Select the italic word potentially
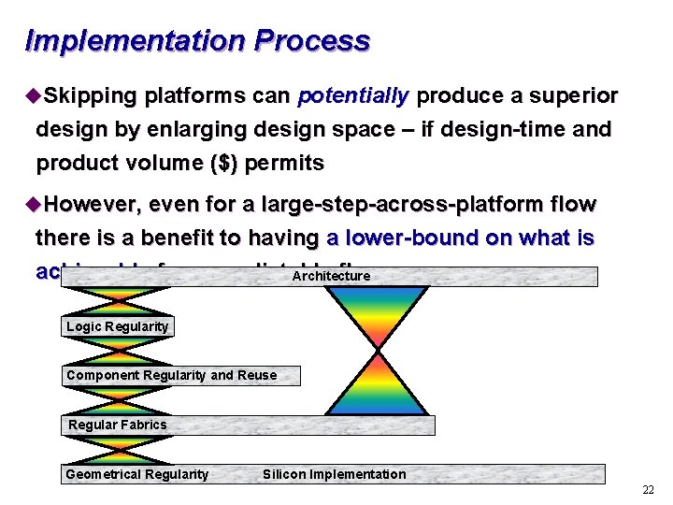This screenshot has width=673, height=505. [353, 96]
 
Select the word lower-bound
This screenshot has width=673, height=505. [426, 238]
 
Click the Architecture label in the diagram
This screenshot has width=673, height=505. [331, 276]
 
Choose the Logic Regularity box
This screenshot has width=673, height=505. [118, 326]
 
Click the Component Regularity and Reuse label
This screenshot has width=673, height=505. [172, 375]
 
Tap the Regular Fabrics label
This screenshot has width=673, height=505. [118, 425]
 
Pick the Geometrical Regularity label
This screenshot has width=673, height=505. [137, 474]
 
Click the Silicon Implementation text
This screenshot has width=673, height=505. [335, 474]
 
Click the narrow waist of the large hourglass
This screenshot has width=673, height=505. [376, 350]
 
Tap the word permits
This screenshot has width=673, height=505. [284, 164]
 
